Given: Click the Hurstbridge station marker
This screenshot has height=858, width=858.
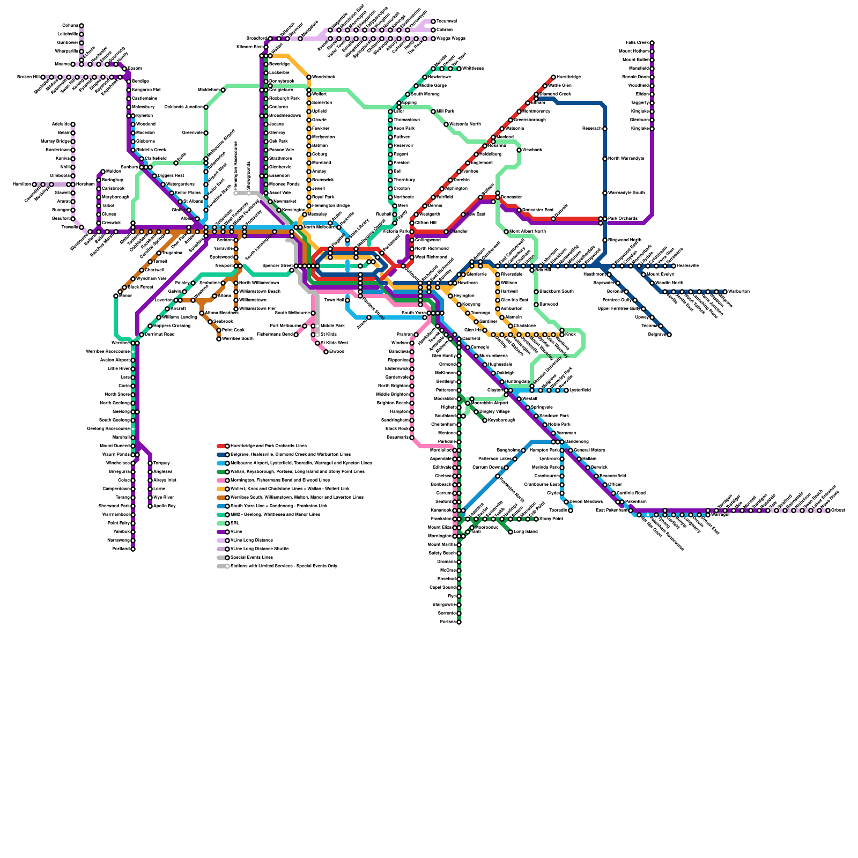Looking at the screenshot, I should pos(553,77).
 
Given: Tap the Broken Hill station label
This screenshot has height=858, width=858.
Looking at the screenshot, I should pos(28,77).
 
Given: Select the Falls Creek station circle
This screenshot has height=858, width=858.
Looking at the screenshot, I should pos(652,43).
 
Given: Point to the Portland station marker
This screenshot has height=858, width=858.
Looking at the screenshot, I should pos(133,549).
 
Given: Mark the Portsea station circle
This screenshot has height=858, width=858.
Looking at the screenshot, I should pos(459,622).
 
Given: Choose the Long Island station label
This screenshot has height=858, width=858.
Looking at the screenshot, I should pos(526,532).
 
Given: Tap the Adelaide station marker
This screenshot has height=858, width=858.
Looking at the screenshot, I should pos(73,124).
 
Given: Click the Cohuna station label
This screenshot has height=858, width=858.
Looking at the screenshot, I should pos(70,26).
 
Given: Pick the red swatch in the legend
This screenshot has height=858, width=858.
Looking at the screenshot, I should pos(221,446).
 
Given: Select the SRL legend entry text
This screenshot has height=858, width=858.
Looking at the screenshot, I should pos(235,523).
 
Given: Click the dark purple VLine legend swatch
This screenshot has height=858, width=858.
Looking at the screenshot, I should pos(221,532).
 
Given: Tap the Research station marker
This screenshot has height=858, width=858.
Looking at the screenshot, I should pos(605,129).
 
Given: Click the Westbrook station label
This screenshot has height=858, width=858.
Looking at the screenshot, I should pos(532,150).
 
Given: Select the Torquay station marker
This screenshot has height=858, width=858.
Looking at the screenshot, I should pos(150,463).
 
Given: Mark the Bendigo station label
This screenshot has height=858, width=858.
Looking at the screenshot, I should pos(140,82).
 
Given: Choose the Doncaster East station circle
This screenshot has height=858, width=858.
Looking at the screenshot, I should pos(519,210).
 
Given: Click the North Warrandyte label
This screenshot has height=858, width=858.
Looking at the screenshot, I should pos(626,159).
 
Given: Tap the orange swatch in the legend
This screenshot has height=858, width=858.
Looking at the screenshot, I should pos(221,489).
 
